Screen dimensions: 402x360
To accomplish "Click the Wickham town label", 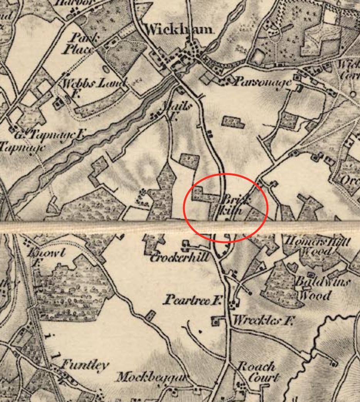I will [179, 29].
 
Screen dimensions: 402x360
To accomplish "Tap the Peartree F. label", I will [192, 300].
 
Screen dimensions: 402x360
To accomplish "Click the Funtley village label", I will [85, 365].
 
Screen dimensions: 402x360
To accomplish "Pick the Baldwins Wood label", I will [322, 289].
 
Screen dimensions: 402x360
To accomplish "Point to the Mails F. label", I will [175, 110].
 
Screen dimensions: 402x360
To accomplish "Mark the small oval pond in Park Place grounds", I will [106, 68].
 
